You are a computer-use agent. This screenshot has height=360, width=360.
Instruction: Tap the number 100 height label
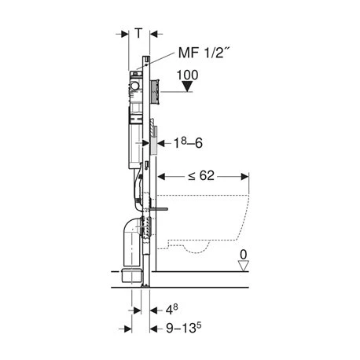coord(186,76)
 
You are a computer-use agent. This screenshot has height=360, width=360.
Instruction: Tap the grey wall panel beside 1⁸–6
coord(157,146)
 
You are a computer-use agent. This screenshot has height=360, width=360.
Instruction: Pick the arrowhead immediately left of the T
coord(126,34)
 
